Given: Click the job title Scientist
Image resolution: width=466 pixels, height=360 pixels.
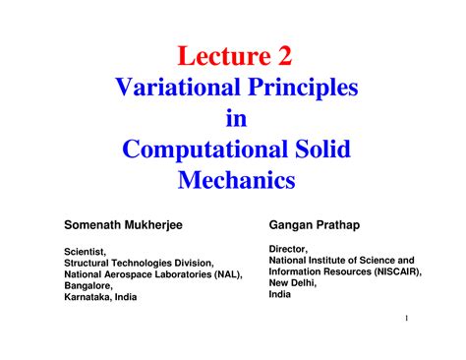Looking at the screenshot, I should tap(86, 252).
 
